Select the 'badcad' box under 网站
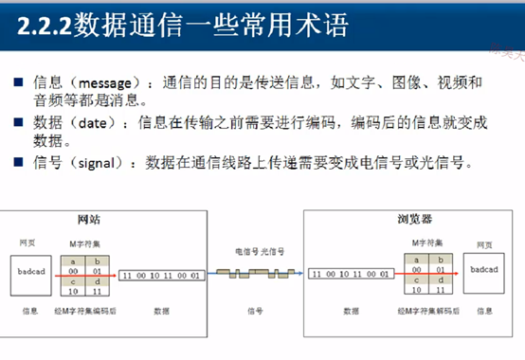click(x=33, y=272)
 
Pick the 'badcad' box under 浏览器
click(x=483, y=272)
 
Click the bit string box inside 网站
click(x=161, y=274)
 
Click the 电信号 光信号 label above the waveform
click(x=257, y=253)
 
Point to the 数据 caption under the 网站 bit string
click(x=162, y=311)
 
